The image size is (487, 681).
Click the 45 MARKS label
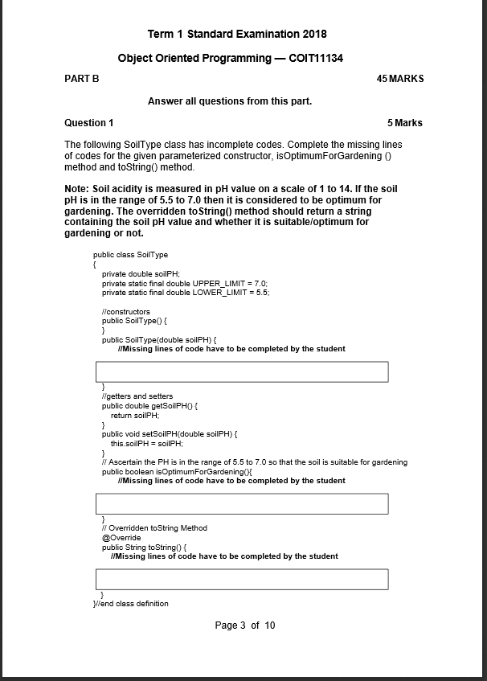point(399,79)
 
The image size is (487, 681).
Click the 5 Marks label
point(404,123)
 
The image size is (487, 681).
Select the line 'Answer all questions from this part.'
point(230,101)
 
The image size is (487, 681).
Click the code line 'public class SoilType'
point(131,254)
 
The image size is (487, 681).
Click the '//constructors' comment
point(125,311)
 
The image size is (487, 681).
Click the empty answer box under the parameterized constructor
point(242,371)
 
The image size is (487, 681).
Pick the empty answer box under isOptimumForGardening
point(242,504)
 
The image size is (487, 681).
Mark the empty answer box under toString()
point(242,579)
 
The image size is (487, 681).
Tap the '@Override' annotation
point(121,537)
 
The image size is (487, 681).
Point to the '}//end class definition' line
point(131,603)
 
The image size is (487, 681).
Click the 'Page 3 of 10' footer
point(245,626)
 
